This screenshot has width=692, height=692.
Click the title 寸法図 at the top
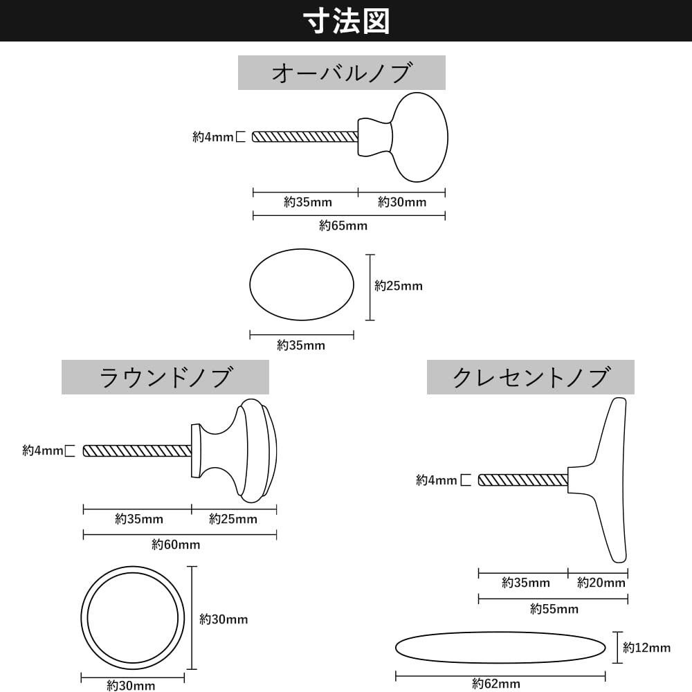[346, 21]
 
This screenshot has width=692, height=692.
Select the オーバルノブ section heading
[342, 73]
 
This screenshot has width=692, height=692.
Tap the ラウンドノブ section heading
[165, 377]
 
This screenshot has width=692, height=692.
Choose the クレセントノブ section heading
[530, 377]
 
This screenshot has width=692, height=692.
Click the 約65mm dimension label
[343, 226]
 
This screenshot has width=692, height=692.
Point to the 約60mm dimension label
[176, 545]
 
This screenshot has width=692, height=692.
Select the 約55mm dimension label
[554, 609]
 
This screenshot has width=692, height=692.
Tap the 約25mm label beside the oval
[398, 286]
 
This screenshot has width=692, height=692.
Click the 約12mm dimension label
[646, 648]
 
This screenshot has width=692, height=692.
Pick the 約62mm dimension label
[496, 684]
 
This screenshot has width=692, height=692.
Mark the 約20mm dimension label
[601, 583]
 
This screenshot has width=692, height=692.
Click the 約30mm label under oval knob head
[402, 202]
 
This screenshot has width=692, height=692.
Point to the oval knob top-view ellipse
[302, 285]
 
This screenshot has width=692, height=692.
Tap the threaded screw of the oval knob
[304, 137]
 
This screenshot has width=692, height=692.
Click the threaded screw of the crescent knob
[522, 480]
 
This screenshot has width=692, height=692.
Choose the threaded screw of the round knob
[137, 451]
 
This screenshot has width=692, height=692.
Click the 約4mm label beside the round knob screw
[42, 451]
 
